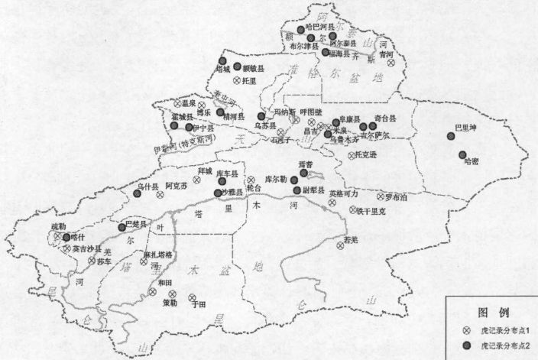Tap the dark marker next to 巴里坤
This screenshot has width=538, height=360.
(x=452, y=138)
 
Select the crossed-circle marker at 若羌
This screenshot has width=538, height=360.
(x=340, y=246)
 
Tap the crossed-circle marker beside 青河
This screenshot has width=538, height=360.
(x=391, y=63)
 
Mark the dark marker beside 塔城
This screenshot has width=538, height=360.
(x=222, y=60)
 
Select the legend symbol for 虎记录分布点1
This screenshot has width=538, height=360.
(x=467, y=331)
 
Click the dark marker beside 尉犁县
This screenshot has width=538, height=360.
(x=297, y=190)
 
